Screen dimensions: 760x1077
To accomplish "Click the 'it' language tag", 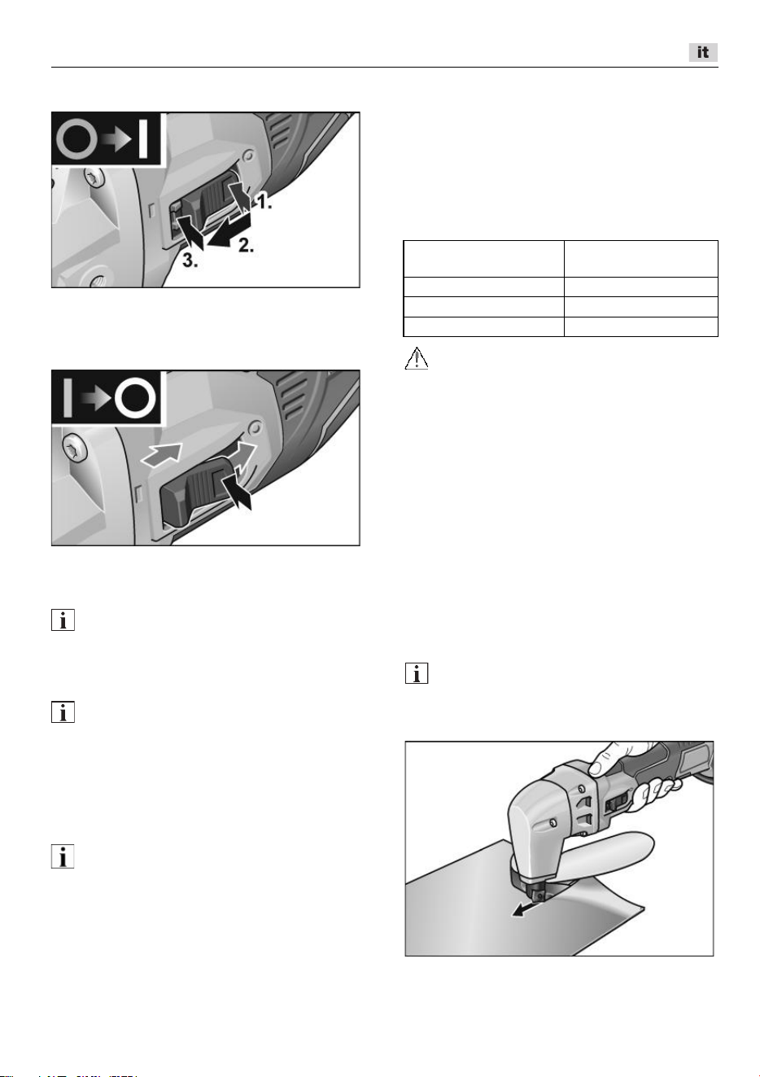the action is [703, 52].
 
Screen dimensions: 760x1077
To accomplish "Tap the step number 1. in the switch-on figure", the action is [263, 202].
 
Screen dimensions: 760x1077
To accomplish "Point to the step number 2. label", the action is [246, 245].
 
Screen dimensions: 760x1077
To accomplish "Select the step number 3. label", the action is [190, 260].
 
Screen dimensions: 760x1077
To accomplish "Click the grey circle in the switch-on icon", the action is [76, 140].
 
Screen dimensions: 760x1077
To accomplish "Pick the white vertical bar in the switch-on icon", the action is [142, 139].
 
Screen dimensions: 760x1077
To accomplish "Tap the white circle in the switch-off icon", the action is [135, 399].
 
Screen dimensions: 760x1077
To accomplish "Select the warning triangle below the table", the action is [417, 358].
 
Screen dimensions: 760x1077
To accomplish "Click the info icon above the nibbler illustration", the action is [417, 673].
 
